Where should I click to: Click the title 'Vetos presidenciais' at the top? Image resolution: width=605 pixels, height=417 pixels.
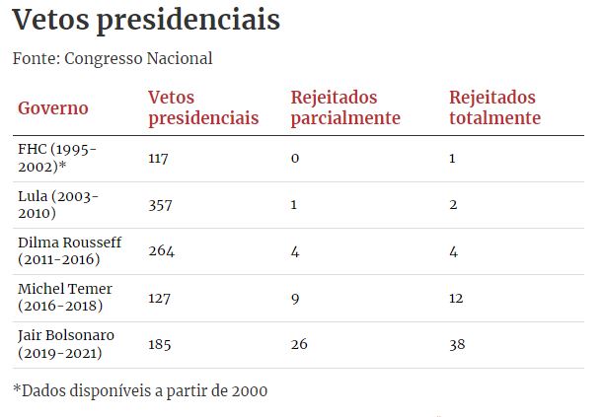coord(146,21)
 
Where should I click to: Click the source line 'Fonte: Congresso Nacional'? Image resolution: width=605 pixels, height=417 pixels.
coord(113,58)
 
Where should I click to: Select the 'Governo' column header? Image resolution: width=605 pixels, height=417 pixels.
coord(53,107)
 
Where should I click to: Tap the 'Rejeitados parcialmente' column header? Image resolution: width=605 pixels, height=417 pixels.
coord(345,107)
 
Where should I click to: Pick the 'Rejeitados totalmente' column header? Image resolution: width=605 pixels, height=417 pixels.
coord(494,107)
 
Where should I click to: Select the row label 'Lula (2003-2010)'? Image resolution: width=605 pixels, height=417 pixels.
coord(58,204)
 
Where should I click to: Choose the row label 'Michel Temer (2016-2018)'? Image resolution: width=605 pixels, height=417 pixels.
coord(65,298)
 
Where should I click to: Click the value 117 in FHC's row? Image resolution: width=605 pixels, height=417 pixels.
coord(159,158)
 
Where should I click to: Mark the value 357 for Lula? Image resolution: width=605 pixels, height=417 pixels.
coord(161,204)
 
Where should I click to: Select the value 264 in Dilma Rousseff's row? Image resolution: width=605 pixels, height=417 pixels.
coord(161,250)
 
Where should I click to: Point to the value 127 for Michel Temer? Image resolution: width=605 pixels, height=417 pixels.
coord(160,298)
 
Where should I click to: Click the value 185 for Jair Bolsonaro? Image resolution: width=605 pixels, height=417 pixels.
coord(161,344)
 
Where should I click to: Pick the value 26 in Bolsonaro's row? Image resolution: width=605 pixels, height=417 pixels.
coord(300,344)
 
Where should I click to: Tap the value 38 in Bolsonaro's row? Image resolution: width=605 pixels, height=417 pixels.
coord(457,344)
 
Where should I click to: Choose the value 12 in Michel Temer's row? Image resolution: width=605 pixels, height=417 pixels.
coord(456,298)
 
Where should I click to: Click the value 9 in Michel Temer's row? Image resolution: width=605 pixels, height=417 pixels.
coord(295,298)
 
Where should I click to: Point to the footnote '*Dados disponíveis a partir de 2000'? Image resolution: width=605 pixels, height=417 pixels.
coord(140,389)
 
